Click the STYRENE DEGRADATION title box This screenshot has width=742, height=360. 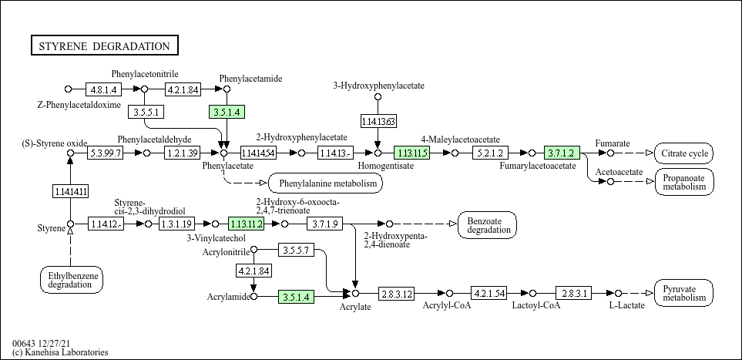coord(104,46)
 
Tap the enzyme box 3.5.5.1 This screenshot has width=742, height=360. coord(146,112)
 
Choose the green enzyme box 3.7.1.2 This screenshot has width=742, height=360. coord(561,153)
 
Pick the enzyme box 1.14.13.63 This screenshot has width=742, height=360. coord(378,121)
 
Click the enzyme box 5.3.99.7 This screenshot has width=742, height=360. coord(104,153)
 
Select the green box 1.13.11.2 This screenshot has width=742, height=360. coord(247,224)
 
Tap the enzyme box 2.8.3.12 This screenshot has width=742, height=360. coord(397,294)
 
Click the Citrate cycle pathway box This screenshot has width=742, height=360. coord(683,153)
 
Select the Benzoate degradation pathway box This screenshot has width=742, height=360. coord(488,224)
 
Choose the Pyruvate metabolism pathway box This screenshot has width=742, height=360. coord(683,293)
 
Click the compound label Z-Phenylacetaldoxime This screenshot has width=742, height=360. coord(79,104)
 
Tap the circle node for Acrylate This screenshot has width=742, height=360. coord(356,294)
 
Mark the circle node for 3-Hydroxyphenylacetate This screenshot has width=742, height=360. coord(378,97)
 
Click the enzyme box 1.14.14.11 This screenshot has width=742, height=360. coord(70,190)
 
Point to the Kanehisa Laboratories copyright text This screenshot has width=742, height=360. coord(60,352)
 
